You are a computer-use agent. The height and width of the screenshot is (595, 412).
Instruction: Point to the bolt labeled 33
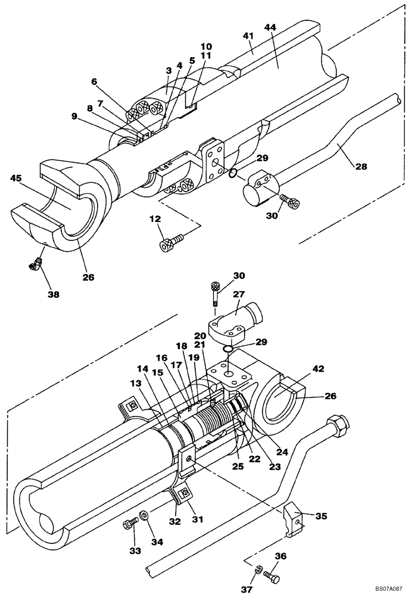(129, 524)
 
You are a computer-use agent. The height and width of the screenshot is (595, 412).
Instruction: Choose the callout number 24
(282, 452)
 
